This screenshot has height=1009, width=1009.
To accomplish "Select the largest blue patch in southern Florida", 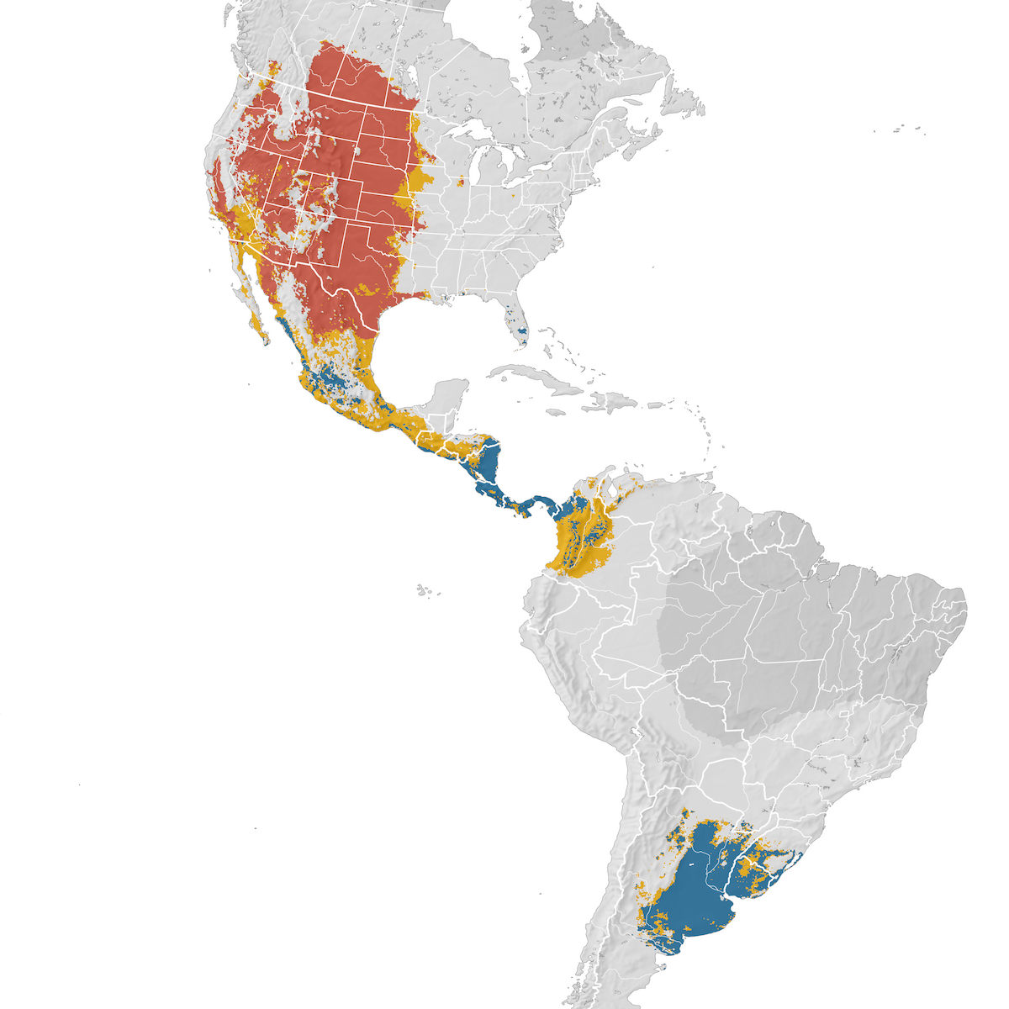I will click(524, 333).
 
